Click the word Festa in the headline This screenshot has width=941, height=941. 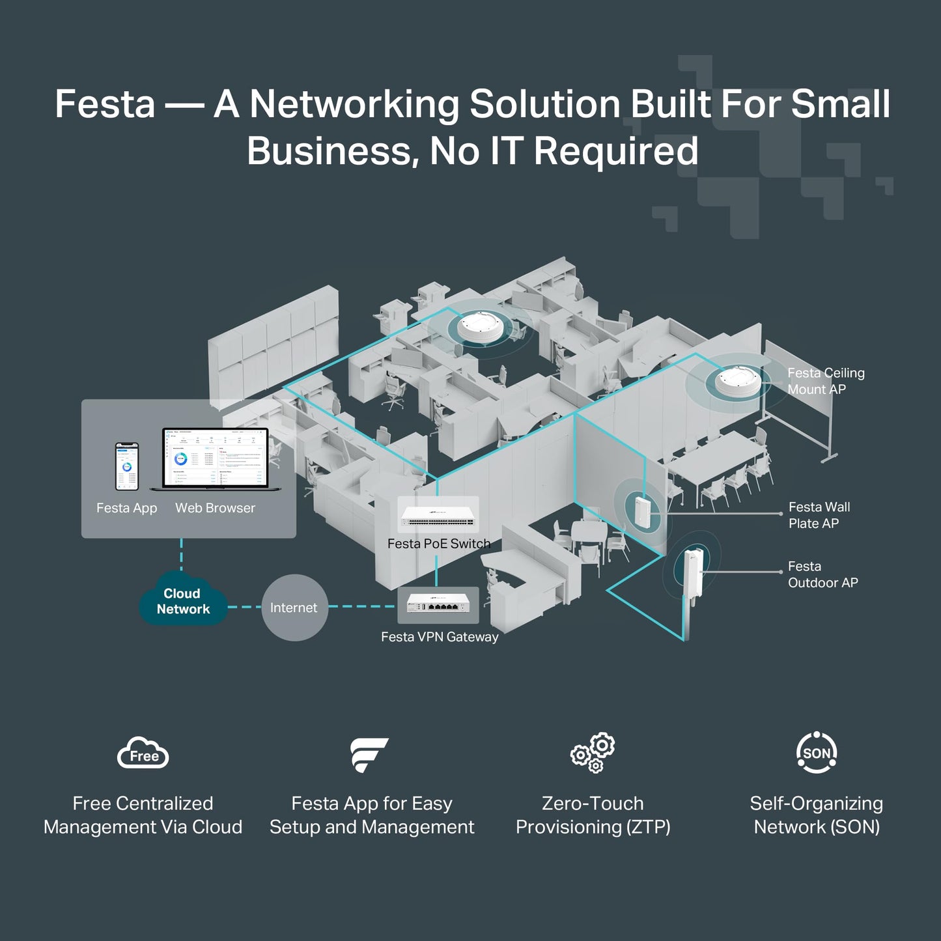tap(105, 104)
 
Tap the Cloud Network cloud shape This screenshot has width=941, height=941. tap(183, 601)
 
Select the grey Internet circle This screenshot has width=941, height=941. tap(294, 608)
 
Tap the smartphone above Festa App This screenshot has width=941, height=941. tap(127, 466)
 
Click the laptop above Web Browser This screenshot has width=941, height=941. tap(215, 459)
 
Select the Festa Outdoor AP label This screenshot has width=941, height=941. tap(822, 574)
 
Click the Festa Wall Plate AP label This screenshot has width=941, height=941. tap(819, 515)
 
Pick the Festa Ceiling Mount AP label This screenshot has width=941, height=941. tap(825, 381)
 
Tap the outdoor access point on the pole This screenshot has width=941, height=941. tap(692, 572)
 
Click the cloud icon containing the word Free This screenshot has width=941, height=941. tap(143, 754)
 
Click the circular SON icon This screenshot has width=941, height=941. tap(817, 753)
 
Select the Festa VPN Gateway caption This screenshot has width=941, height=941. tap(440, 637)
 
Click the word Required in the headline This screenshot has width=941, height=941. tap(615, 151)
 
